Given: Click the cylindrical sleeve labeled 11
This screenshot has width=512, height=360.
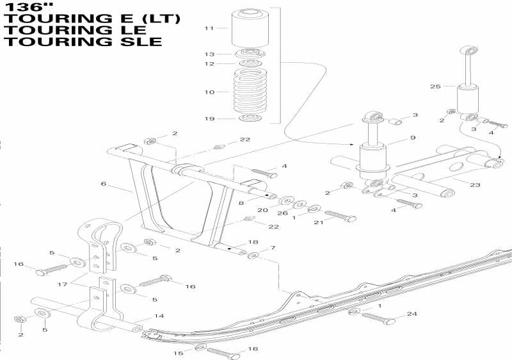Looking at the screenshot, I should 250,29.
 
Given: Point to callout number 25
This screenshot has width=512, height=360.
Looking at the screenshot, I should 435,86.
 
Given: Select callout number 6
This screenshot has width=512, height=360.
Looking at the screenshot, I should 103,183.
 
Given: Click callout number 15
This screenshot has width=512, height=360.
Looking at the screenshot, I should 180,353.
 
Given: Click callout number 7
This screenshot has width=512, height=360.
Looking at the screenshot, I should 273,248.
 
